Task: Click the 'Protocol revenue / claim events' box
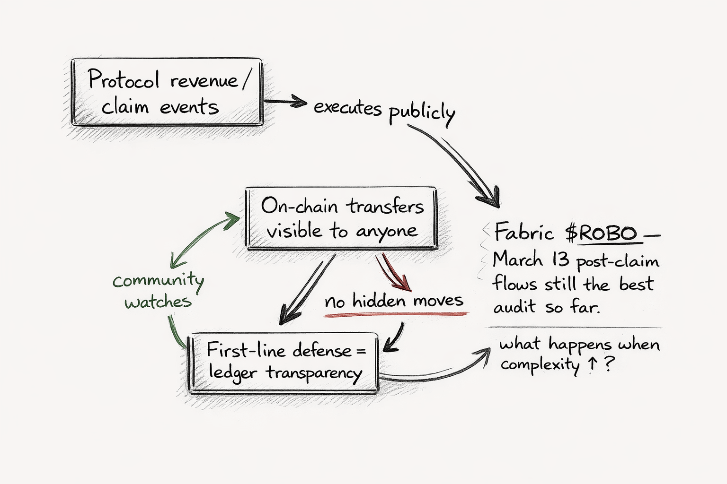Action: tap(167, 92)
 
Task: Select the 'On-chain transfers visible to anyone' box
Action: tap(341, 218)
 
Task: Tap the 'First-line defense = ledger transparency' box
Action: tap(284, 362)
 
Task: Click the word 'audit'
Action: tap(515, 307)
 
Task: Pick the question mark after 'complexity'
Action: tap(610, 365)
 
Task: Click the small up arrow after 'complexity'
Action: tap(591, 365)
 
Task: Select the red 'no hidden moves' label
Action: tap(394, 301)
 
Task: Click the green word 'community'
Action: tap(158, 281)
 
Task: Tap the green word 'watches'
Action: tap(158, 302)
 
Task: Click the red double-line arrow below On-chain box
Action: tap(393, 272)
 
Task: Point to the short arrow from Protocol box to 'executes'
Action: tap(284, 101)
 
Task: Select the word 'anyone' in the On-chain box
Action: tap(387, 231)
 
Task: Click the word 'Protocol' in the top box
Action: tap(124, 80)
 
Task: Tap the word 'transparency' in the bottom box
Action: tap(313, 373)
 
